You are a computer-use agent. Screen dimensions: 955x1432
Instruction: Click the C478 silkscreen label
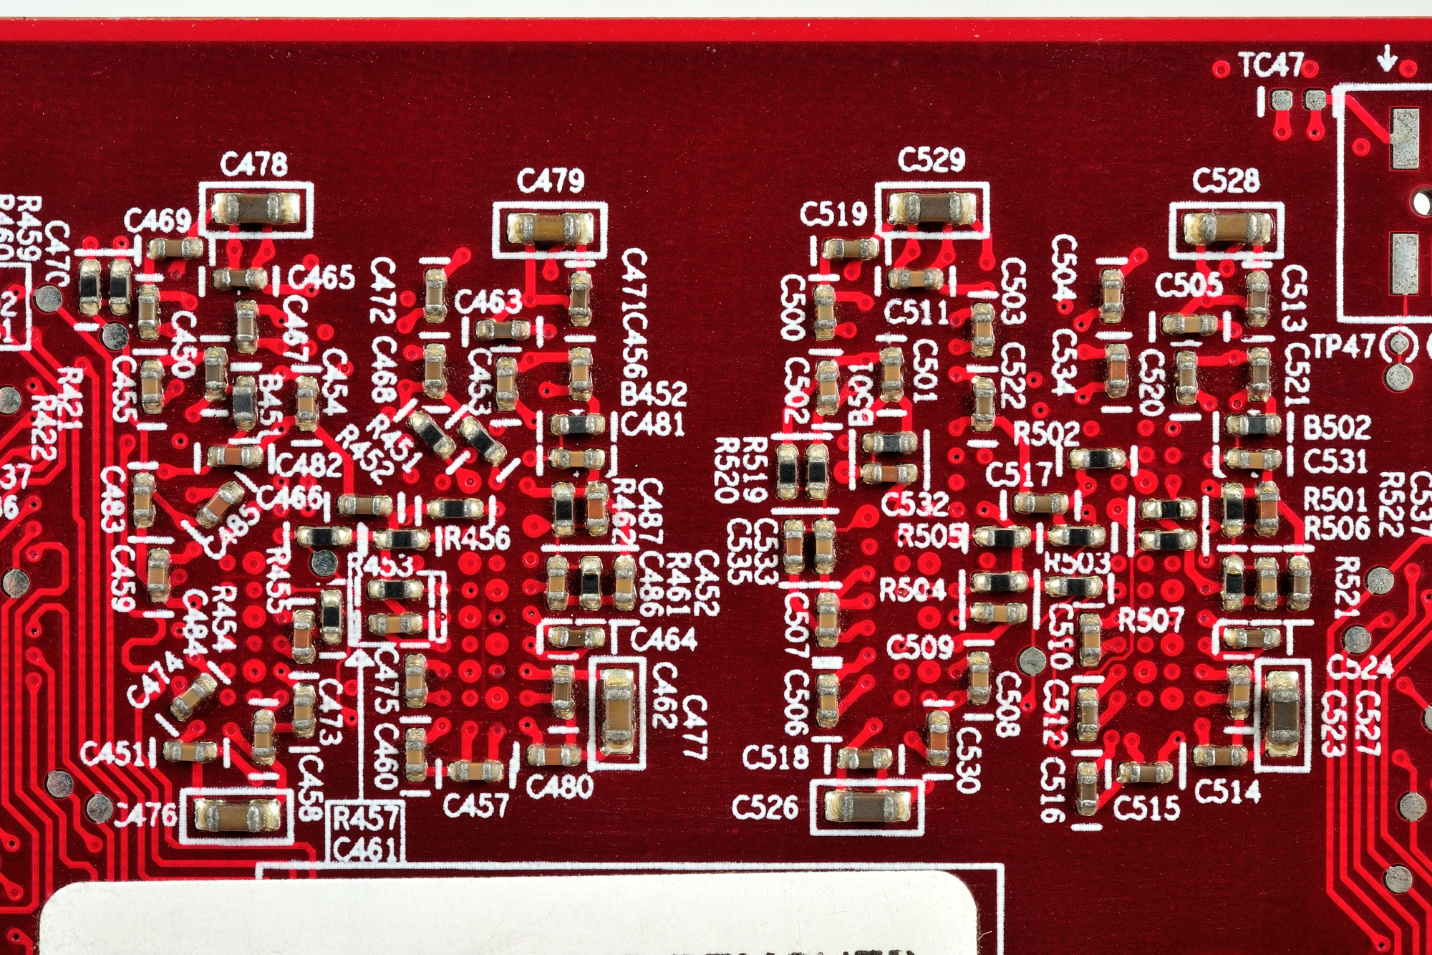click(254, 164)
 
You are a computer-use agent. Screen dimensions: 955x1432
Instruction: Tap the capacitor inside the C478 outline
click(256, 209)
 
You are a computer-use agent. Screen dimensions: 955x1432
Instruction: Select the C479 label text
click(550, 181)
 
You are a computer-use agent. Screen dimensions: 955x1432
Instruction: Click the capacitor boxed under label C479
click(549, 229)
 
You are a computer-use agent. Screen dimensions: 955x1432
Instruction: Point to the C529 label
click(932, 159)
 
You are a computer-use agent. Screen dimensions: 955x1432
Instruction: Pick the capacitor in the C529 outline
click(931, 208)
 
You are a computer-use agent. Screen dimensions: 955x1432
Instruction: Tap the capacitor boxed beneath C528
click(1227, 229)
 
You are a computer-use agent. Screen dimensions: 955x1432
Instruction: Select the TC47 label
click(1271, 66)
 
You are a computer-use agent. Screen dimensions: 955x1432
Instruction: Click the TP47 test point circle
click(1397, 347)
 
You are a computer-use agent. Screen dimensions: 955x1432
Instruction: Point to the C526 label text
click(765, 807)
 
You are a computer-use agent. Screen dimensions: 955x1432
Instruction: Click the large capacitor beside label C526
click(866, 806)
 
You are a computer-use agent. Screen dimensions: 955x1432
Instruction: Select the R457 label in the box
click(365, 818)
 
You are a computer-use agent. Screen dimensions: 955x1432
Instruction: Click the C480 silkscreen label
click(559, 786)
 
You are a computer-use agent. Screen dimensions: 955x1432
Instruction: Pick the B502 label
click(1336, 428)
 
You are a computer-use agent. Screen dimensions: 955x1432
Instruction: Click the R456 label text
click(477, 538)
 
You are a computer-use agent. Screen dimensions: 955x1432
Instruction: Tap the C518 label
click(775, 757)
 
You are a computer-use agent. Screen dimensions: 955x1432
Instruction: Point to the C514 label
click(1227, 791)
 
